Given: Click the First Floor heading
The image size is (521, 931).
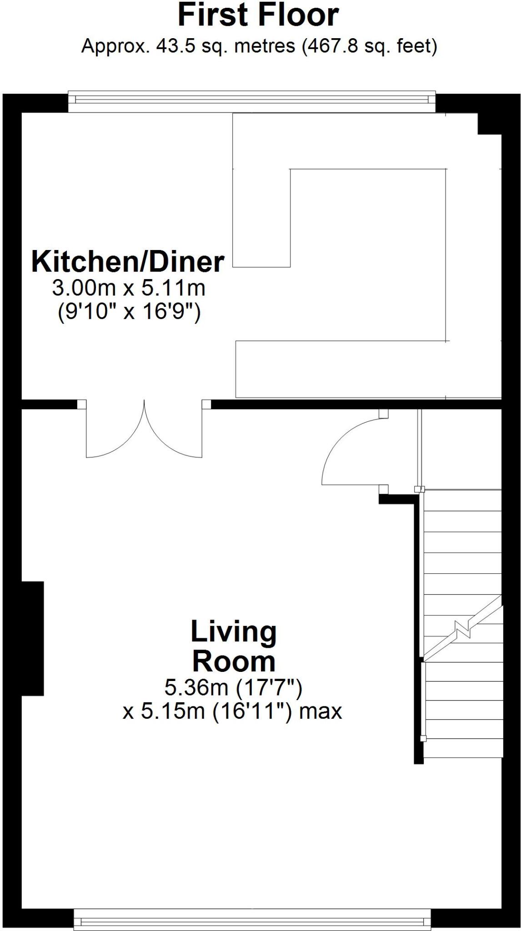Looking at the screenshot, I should click(258, 16).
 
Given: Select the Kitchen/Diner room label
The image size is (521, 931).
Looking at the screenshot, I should click(128, 262).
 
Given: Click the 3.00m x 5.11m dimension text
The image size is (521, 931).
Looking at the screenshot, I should click(129, 288).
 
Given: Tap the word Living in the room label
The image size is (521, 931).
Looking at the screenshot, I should click(234, 631).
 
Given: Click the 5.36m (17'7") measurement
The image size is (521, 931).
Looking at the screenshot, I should click(233, 687).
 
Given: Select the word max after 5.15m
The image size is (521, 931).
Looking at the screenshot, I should click(320, 711).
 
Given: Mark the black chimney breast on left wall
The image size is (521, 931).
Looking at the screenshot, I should click(33, 638).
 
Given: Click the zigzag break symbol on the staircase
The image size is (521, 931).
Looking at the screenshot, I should click(463, 630).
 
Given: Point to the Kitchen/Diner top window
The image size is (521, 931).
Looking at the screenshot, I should click(252, 101).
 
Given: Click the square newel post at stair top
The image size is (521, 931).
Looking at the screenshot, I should click(419, 489).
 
